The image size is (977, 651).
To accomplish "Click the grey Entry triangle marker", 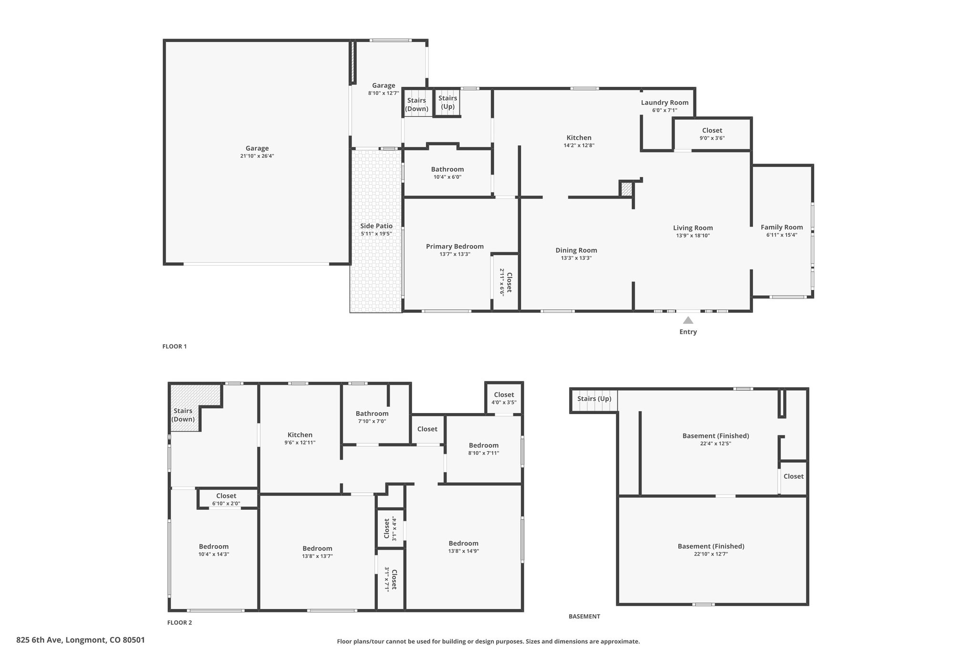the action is point(688,320).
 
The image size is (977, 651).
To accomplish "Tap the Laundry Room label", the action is point(665,103).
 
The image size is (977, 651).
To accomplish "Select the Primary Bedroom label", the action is point(455,247).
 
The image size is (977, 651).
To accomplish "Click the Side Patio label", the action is point(376,226).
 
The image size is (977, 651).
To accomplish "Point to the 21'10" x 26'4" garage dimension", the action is point(257,156).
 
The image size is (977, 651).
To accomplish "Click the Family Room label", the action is point(781,227).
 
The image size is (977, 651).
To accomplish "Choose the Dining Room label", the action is point(576,250).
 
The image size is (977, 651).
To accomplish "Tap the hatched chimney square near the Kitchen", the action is point(626,189).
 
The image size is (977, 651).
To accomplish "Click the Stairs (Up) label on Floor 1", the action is point(447,102).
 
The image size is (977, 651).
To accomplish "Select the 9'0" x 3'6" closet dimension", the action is point(712,138).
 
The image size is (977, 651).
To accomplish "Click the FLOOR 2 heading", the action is point(179,622).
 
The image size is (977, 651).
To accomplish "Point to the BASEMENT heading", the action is point(584,616).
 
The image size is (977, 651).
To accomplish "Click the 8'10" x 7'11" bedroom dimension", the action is point(484,453).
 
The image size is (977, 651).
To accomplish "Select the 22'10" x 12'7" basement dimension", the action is point(711,554).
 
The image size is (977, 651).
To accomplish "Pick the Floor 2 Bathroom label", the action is point(372,413).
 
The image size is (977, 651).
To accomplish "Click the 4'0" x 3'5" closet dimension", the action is point(504,403).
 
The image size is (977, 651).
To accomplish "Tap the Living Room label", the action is point(693,228).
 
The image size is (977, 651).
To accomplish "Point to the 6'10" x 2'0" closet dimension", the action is point(226,504).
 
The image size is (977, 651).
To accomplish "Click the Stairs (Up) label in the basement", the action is point(594,399).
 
